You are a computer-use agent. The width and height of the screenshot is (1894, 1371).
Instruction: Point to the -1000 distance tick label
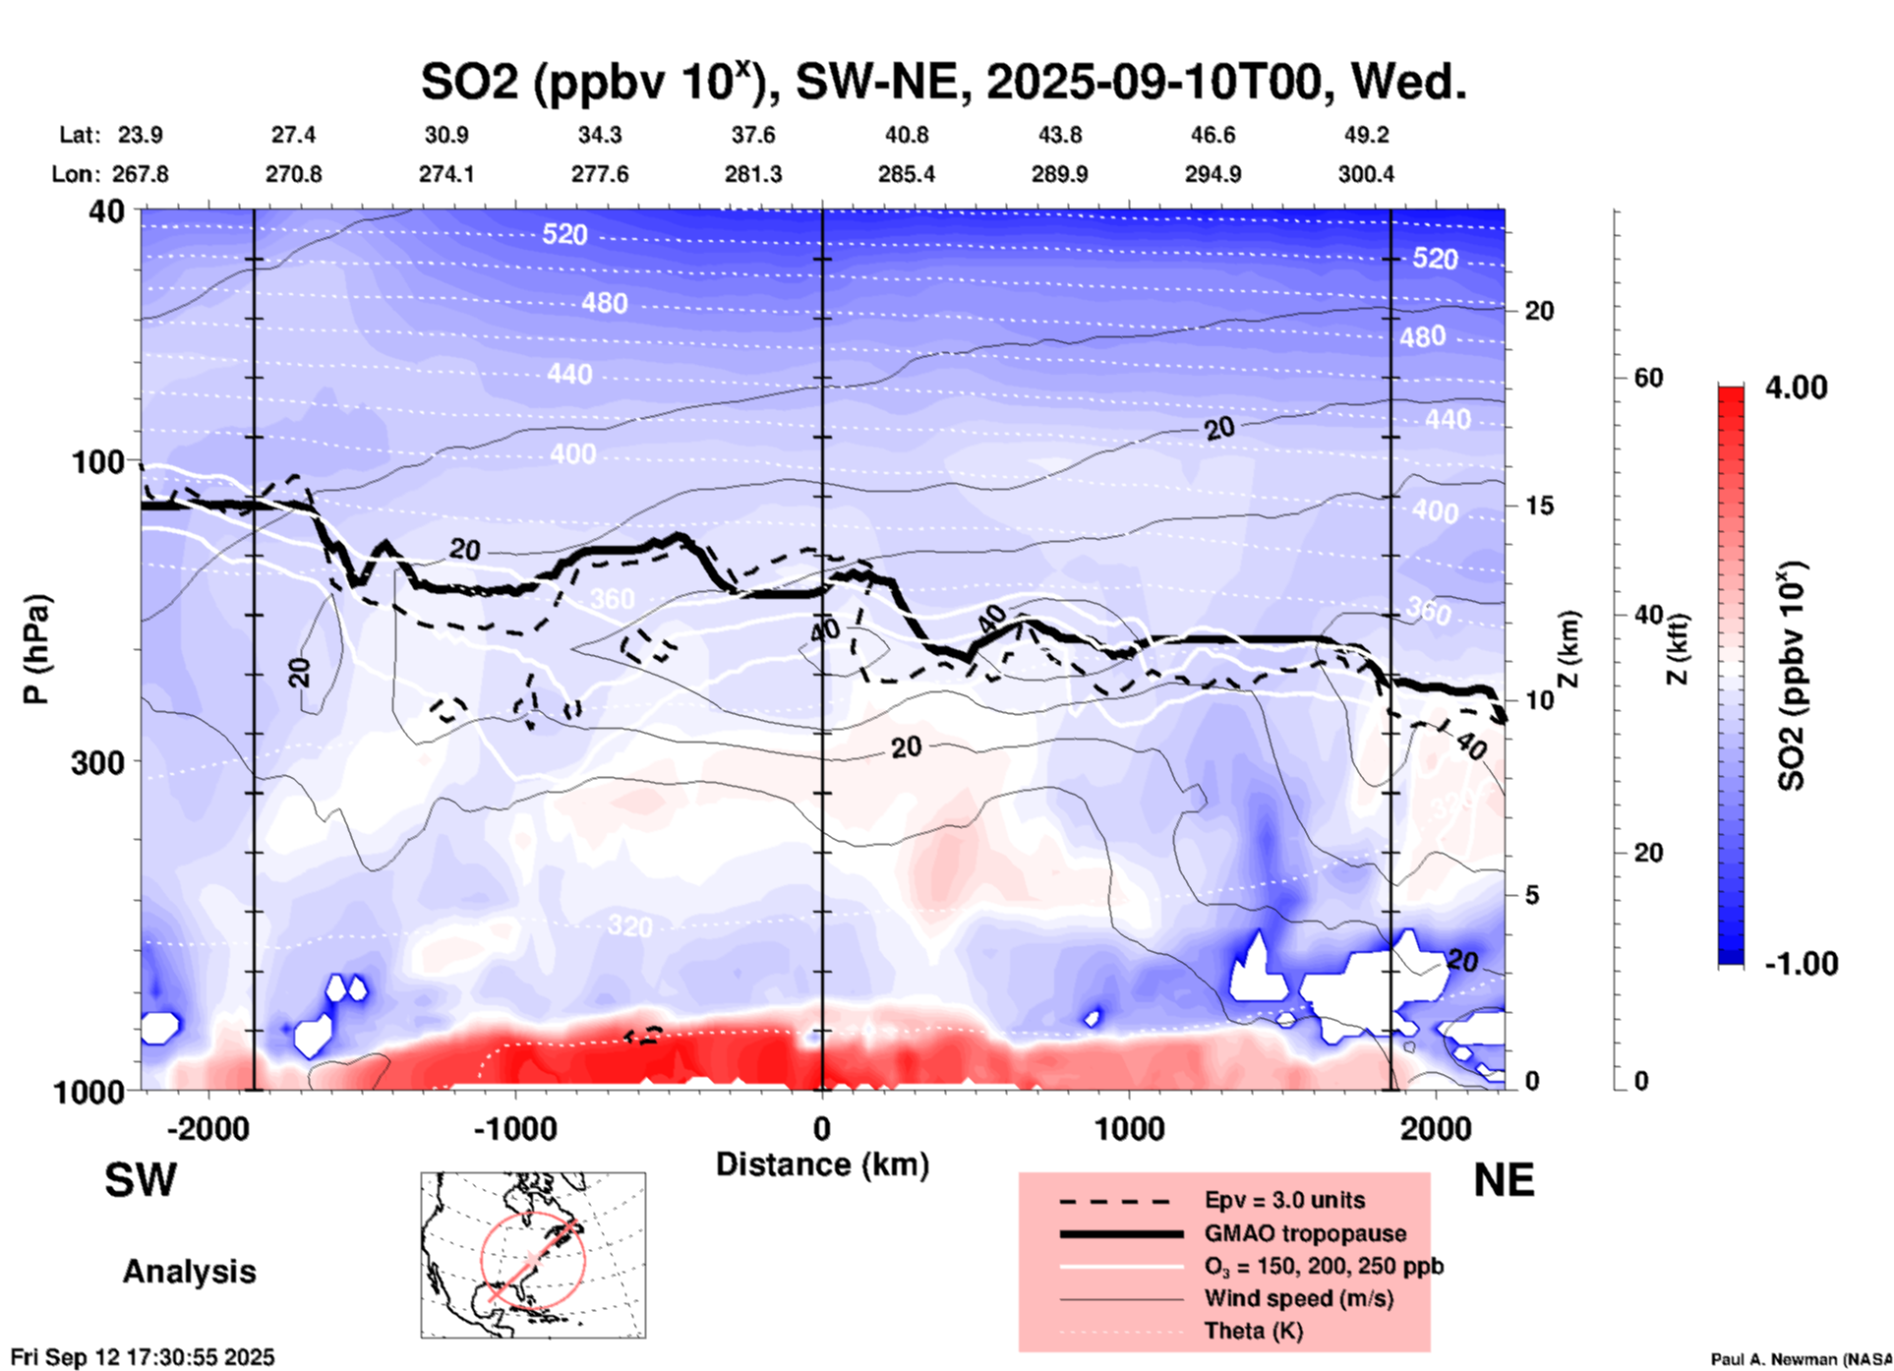(514, 1129)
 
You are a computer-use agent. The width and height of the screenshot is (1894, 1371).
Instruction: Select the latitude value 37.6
(753, 135)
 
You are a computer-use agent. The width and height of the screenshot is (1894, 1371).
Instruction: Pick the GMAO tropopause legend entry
(1305, 1233)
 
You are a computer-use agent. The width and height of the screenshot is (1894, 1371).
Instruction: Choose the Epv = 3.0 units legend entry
(1284, 1200)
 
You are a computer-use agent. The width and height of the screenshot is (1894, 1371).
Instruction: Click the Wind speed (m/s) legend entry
(1298, 1298)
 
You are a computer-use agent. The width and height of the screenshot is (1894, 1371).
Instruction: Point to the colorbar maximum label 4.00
(1796, 387)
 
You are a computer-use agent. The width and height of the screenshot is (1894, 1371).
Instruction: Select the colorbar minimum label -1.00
(1801, 963)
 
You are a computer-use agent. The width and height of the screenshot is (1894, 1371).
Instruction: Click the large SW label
(141, 1180)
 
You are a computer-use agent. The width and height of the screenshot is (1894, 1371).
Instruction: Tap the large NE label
(1504, 1180)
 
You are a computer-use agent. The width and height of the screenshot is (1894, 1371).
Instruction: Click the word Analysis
(189, 1272)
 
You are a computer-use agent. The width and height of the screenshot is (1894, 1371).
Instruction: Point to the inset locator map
(533, 1255)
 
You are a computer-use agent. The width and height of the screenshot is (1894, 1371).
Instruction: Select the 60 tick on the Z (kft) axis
(1648, 378)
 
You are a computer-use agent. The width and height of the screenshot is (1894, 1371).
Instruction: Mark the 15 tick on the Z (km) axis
(1539, 506)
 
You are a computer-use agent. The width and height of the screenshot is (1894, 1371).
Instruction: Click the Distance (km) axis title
(822, 1164)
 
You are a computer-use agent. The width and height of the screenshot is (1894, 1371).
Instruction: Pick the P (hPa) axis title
(36, 649)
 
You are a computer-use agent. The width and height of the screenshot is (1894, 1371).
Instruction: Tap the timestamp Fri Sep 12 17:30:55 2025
(143, 1357)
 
